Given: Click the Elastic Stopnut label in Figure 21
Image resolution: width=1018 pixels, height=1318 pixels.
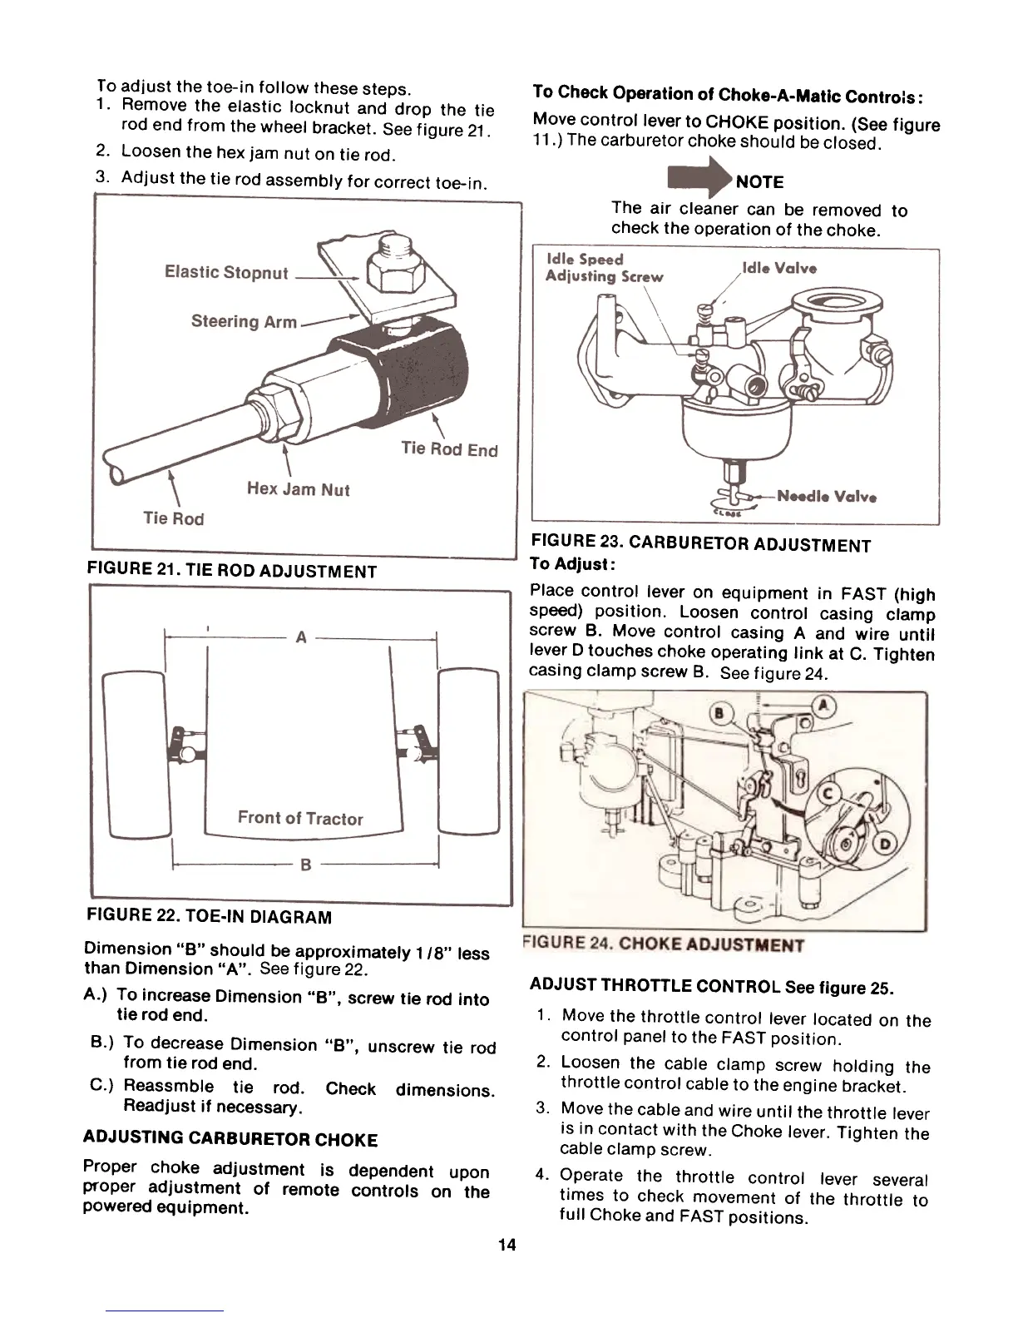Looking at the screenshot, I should click(226, 273).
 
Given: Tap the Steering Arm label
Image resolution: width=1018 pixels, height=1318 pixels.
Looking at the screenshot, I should click(244, 321).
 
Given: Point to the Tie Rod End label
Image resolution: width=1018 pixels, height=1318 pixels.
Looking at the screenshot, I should click(449, 449).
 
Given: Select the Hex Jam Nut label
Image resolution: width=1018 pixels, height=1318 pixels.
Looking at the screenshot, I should click(298, 489).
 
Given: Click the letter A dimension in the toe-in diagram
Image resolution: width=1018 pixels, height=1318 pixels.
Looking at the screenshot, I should click(301, 637).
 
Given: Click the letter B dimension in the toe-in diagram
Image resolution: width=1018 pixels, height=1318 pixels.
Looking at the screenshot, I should click(305, 865).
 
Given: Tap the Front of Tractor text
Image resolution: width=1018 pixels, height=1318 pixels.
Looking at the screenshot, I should click(300, 818).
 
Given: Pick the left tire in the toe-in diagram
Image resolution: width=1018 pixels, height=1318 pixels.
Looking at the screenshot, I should click(136, 753).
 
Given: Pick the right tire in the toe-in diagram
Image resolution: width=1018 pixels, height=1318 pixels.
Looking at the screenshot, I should click(467, 751).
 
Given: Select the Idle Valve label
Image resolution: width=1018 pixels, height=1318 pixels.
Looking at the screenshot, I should click(778, 268).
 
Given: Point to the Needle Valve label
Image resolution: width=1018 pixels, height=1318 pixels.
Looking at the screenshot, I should click(827, 497).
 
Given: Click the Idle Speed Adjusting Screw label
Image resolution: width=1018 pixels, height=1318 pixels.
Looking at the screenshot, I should click(603, 268).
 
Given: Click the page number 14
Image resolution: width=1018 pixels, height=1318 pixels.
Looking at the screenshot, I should click(507, 1245).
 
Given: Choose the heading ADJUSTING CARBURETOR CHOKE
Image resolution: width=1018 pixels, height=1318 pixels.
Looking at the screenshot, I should click(230, 1140).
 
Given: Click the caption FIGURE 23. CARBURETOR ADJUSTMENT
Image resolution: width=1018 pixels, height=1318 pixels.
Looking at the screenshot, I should click(700, 545).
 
